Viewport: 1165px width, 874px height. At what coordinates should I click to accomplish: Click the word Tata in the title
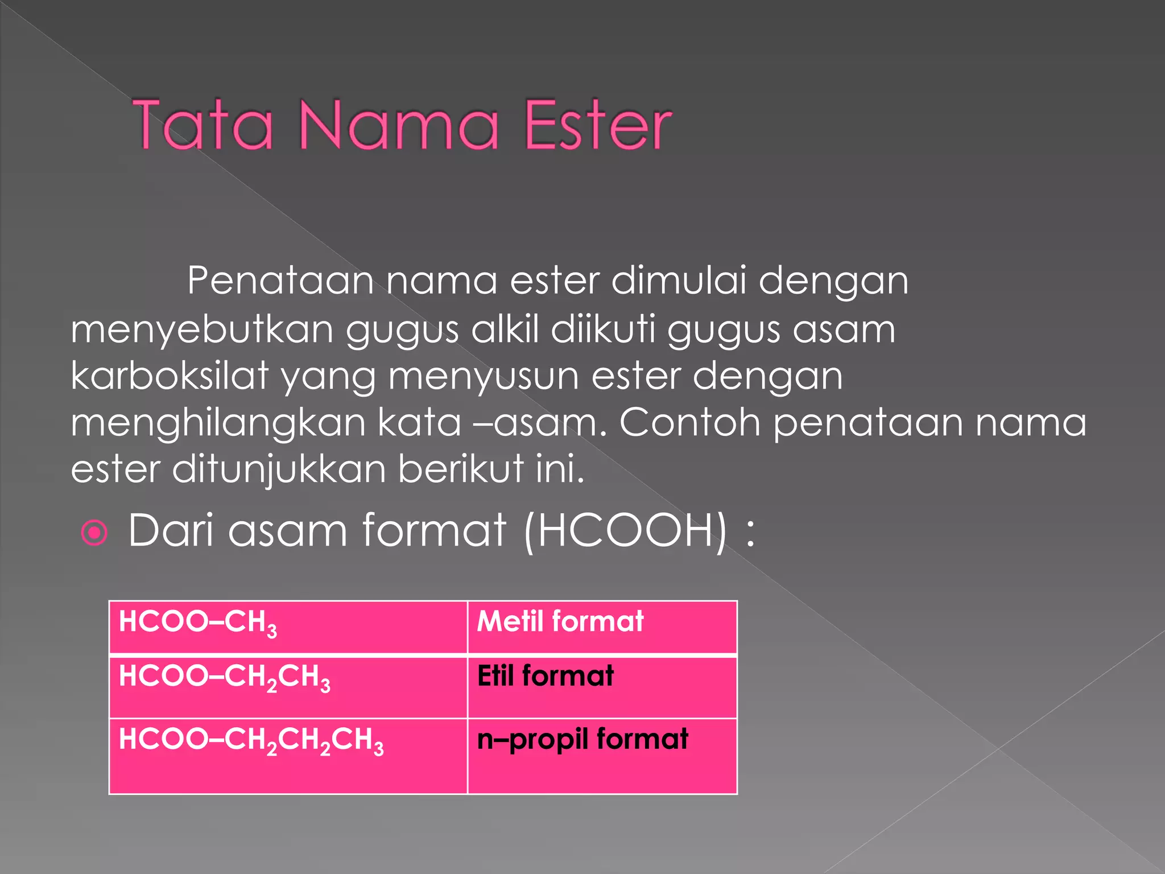(x=203, y=125)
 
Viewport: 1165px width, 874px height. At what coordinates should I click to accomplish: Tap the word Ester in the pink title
(x=598, y=125)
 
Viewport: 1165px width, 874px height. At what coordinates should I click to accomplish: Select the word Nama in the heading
(x=398, y=125)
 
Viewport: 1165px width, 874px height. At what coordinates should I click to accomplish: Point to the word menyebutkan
(x=202, y=329)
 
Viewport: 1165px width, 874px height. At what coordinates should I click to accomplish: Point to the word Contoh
(x=689, y=422)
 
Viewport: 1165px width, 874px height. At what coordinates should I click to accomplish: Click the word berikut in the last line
(x=461, y=469)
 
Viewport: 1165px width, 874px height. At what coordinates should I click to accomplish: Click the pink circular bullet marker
(x=94, y=533)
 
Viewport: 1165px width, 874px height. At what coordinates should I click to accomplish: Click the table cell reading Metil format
(x=602, y=627)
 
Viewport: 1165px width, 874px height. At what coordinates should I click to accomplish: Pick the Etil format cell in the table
(x=602, y=687)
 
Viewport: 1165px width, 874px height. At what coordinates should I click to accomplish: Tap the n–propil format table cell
(x=602, y=756)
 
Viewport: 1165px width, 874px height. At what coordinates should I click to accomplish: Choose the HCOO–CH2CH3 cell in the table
(x=288, y=687)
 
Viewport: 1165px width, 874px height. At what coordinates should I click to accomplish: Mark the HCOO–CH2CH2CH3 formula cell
(x=288, y=756)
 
